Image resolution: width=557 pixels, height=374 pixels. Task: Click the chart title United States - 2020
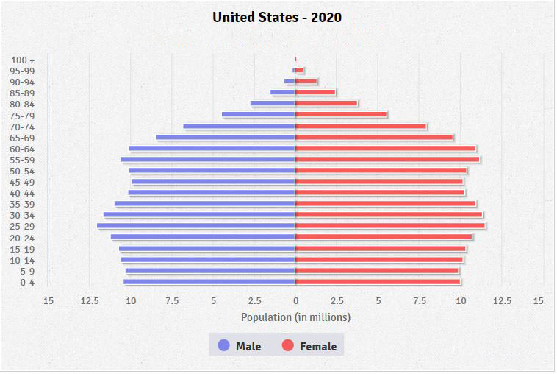(277, 17)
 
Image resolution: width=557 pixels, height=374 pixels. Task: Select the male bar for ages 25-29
(196, 226)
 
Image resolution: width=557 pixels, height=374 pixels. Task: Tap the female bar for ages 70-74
(360, 126)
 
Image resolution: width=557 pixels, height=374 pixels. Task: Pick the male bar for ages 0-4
(209, 281)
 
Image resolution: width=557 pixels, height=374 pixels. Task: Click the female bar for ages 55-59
(387, 159)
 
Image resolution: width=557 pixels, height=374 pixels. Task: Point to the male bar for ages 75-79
(259, 114)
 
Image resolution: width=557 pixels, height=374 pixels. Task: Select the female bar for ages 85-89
(315, 92)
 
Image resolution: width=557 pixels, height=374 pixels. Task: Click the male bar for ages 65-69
(226, 137)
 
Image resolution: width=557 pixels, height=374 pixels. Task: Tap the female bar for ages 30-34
(389, 215)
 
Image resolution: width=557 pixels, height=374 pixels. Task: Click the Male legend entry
(240, 346)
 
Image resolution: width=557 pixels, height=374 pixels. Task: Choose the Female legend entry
(309, 346)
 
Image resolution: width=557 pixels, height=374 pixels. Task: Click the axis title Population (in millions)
(295, 317)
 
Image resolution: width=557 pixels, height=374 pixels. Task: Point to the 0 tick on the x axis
(295, 300)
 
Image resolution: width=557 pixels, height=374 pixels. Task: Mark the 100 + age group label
(24, 60)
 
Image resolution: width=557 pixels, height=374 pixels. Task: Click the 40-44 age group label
(24, 193)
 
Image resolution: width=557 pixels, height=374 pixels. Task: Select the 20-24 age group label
(24, 238)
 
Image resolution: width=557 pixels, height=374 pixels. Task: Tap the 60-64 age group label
(24, 149)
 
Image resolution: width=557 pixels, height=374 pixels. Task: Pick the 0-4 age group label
(27, 282)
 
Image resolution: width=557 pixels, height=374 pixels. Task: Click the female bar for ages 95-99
(299, 70)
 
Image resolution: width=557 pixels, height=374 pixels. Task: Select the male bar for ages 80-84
(273, 103)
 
